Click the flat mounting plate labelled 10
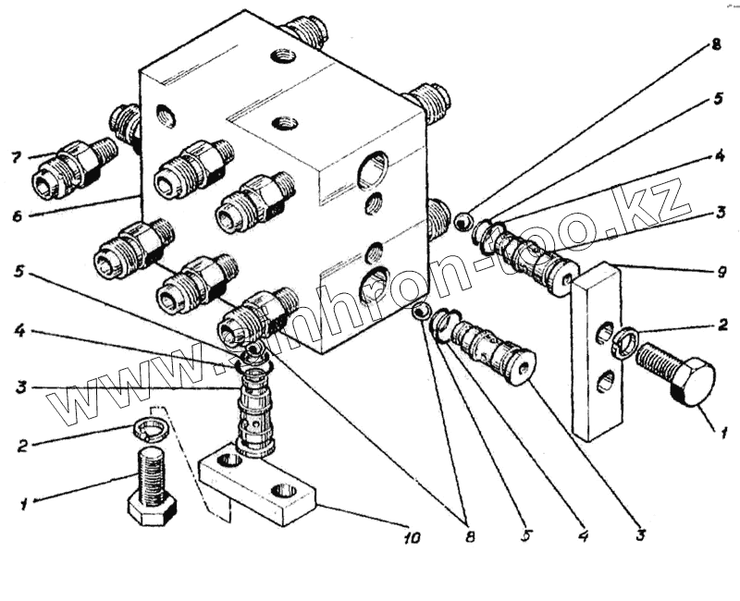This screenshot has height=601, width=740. click(259, 484)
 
